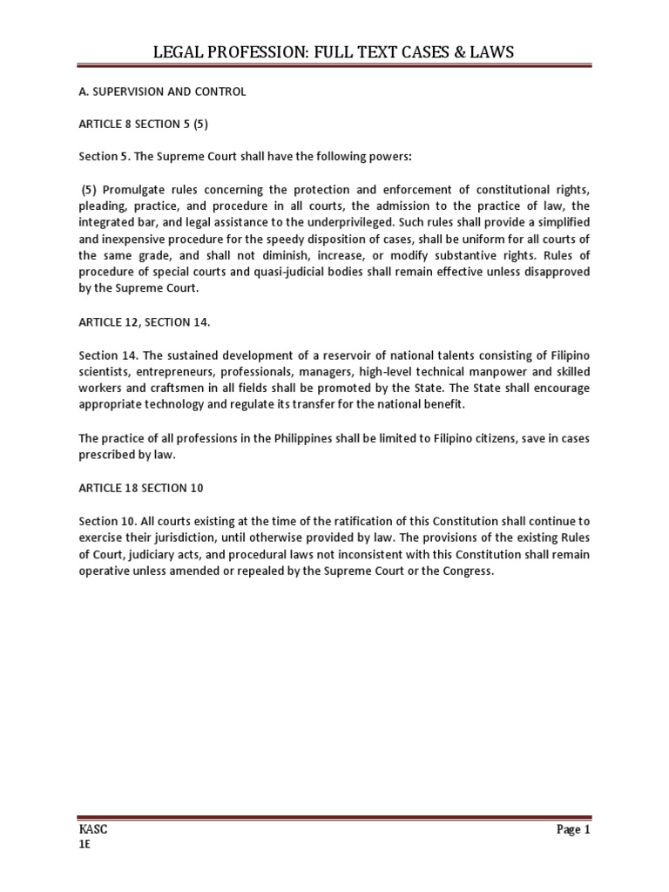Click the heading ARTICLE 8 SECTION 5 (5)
tap(144, 124)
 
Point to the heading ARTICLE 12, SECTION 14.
tap(145, 321)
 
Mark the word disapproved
tap(556, 273)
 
